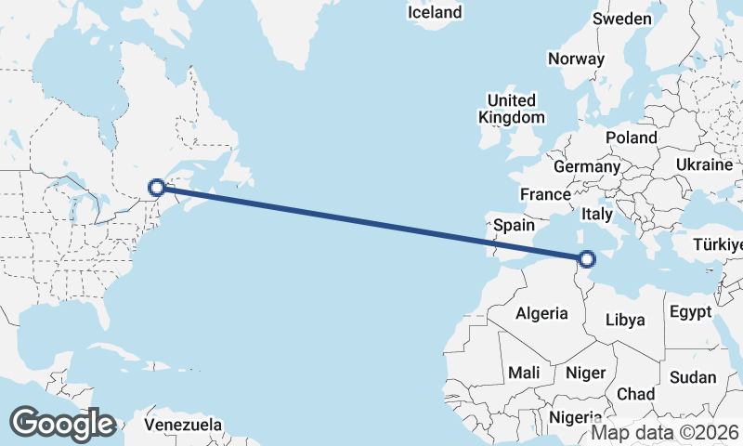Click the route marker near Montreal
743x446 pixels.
[x=158, y=188]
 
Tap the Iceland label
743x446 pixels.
[x=435, y=12]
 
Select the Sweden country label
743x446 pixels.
[x=622, y=18]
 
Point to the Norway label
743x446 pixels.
[x=576, y=59]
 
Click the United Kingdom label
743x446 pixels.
[x=512, y=109]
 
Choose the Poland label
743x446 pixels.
[x=632, y=138]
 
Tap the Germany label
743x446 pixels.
[x=586, y=166]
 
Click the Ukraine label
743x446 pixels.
[x=704, y=164]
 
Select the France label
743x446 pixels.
[x=544, y=195]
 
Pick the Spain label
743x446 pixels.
[x=514, y=225]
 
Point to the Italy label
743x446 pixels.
[x=596, y=214]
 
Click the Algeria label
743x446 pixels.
[x=541, y=313]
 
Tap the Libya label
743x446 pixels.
[x=625, y=320]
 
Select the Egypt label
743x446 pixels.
[x=690, y=311]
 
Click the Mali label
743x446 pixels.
[x=524, y=373]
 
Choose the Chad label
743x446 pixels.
[x=635, y=394]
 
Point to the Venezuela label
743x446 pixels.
[x=183, y=425]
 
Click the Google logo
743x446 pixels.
[x=62, y=424]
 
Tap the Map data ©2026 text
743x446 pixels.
[x=665, y=432]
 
